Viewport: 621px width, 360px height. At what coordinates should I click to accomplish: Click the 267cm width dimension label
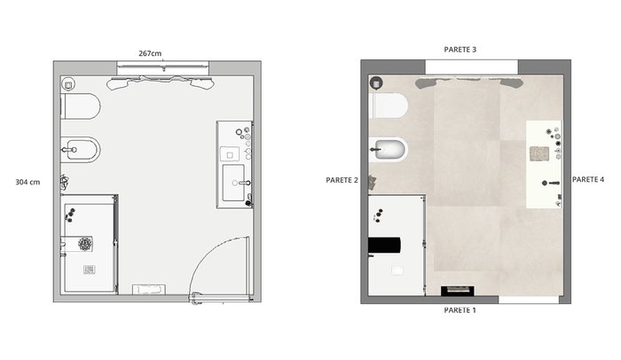(x=150, y=53)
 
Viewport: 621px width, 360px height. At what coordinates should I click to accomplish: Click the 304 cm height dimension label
(x=28, y=182)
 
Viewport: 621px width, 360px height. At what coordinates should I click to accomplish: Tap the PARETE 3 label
(x=460, y=50)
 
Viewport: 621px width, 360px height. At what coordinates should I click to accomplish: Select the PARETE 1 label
(x=460, y=310)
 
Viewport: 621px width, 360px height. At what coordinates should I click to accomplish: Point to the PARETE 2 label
(x=342, y=180)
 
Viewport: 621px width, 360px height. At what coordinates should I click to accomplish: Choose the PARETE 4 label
(x=588, y=179)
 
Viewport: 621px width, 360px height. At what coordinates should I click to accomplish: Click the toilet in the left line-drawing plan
(x=81, y=106)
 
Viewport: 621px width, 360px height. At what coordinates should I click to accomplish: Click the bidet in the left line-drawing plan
(x=81, y=150)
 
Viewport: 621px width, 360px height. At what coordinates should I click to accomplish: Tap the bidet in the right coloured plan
(x=389, y=150)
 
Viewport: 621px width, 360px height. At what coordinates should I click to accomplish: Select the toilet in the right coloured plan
(x=389, y=106)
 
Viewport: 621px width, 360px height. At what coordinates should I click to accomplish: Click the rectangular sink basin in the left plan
(x=233, y=183)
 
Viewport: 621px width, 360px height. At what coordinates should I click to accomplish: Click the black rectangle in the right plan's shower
(x=384, y=245)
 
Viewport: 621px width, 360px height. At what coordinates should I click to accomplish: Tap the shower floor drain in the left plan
(x=90, y=270)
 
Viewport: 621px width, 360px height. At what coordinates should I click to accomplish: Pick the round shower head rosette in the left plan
(x=85, y=244)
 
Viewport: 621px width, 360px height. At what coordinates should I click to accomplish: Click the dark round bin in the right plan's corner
(x=376, y=83)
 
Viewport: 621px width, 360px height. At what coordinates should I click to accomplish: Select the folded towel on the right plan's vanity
(x=539, y=153)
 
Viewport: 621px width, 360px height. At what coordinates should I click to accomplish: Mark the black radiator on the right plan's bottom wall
(x=458, y=291)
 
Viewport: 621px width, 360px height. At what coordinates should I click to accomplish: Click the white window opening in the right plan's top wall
(x=472, y=67)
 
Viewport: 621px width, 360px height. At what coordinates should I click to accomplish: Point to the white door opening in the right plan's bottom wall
(x=529, y=300)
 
